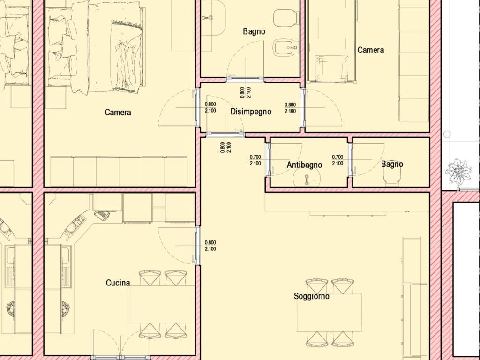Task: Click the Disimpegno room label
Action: tap(251, 112)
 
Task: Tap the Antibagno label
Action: tap(304, 165)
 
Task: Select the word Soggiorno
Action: tap(311, 296)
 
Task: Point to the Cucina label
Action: tap(118, 283)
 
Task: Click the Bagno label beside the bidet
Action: tap(254, 31)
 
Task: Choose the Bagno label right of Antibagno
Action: tap(392, 164)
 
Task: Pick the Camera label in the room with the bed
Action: tap(118, 112)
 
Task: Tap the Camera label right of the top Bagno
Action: tap(371, 50)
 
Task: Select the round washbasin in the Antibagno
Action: tap(307, 177)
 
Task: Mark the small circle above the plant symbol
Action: tap(447, 134)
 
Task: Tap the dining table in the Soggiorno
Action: tap(330, 313)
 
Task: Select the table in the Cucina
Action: tap(163, 304)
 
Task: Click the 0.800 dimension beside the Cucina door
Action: tap(210, 242)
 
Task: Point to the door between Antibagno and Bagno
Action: tap(351, 160)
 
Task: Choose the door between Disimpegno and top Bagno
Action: tap(245, 79)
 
